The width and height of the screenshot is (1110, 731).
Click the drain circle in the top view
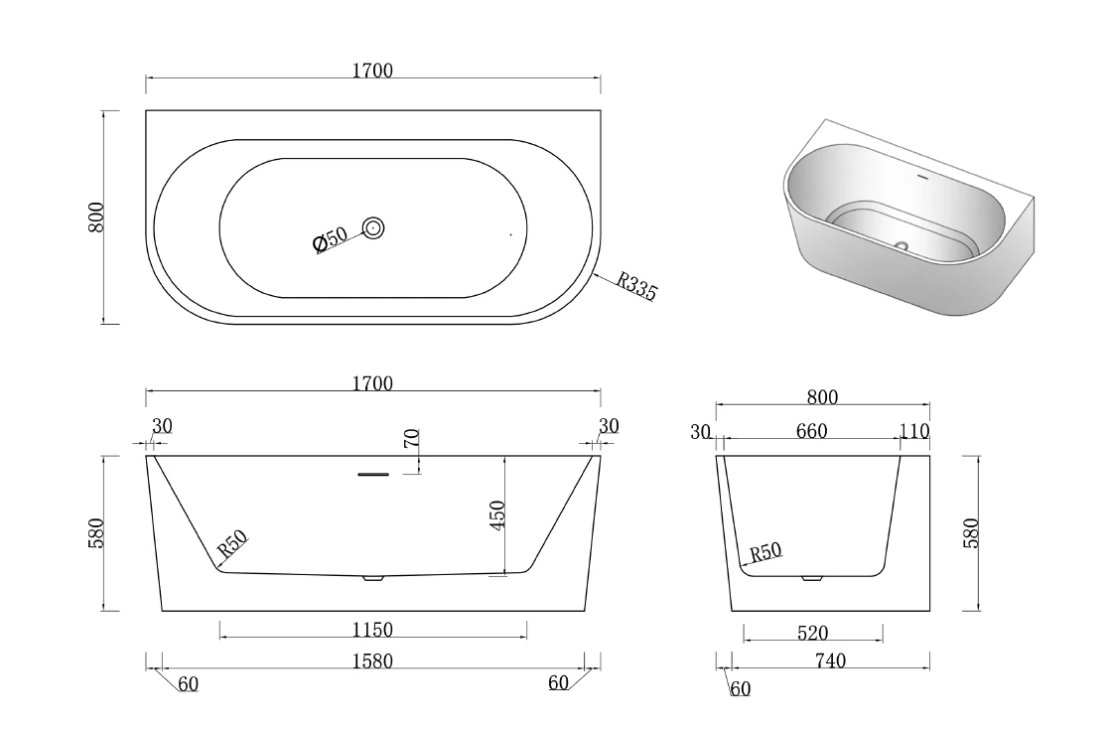pyautogui.click(x=373, y=228)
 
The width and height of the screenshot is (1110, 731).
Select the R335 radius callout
pyautogui.click(x=637, y=285)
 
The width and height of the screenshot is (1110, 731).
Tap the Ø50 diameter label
pyautogui.click(x=330, y=238)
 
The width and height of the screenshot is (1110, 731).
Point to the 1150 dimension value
pyautogui.click(x=372, y=630)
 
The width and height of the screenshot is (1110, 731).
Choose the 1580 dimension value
pyautogui.click(x=372, y=660)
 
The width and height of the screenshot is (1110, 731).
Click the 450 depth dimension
pyautogui.click(x=497, y=514)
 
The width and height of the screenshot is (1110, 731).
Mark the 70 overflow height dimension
pyautogui.click(x=411, y=438)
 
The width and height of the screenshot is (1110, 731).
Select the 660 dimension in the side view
pyautogui.click(x=811, y=431)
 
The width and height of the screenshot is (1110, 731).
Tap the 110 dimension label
pyautogui.click(x=914, y=431)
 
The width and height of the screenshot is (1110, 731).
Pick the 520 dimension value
pyautogui.click(x=813, y=634)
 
